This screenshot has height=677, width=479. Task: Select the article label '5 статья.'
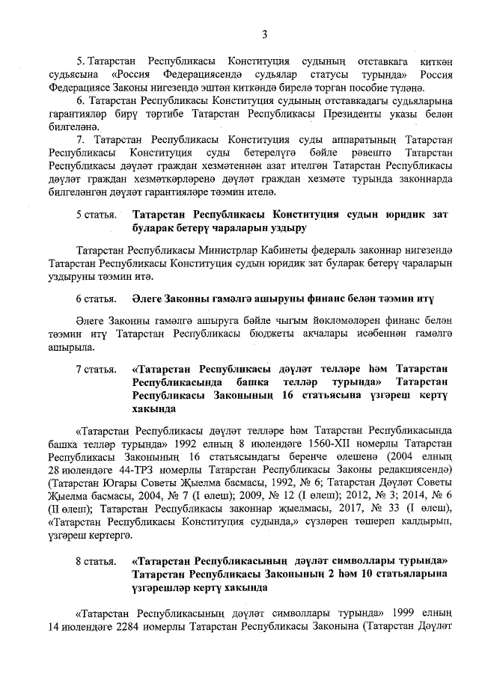click(x=97, y=214)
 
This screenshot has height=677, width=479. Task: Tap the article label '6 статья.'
click(x=97, y=298)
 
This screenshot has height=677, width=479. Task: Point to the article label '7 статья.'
click(x=97, y=370)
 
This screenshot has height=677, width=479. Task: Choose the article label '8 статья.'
click(x=97, y=560)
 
